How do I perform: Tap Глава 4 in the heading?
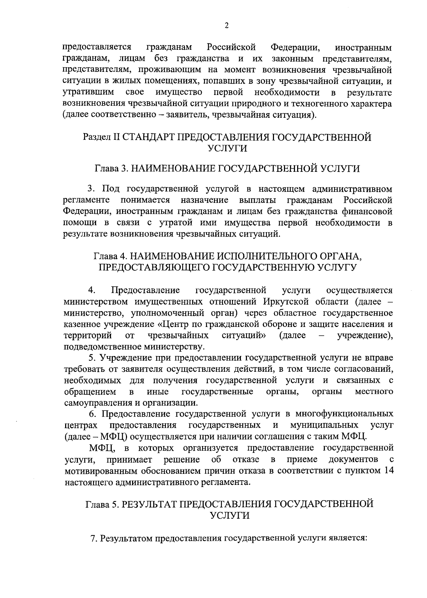tap(109, 256)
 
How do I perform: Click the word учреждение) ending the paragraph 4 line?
tap(365, 336)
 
